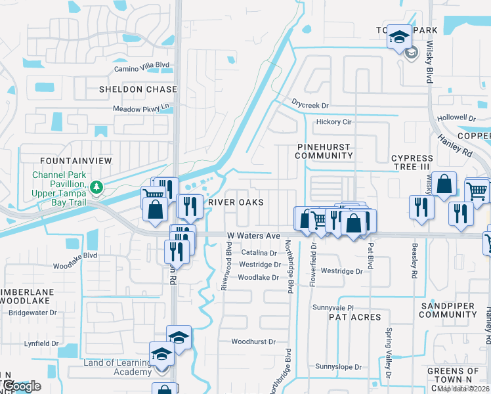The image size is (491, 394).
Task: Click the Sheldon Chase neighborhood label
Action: tap(138, 89)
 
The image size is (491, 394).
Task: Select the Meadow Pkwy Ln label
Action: tap(140, 108)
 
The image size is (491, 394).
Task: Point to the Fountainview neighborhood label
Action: tap(76, 161)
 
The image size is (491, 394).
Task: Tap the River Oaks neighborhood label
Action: tap(236, 202)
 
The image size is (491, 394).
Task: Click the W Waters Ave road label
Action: tap(253, 235)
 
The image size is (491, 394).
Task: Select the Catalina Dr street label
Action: tap(259, 253)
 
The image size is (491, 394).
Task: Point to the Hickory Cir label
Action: tap(334, 122)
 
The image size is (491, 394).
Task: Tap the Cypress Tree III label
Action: tap(412, 163)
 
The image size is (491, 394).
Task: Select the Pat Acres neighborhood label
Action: tap(354, 317)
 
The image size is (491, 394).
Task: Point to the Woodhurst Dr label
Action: tap(253, 342)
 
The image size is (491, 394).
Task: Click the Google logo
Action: tap(21, 386)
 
